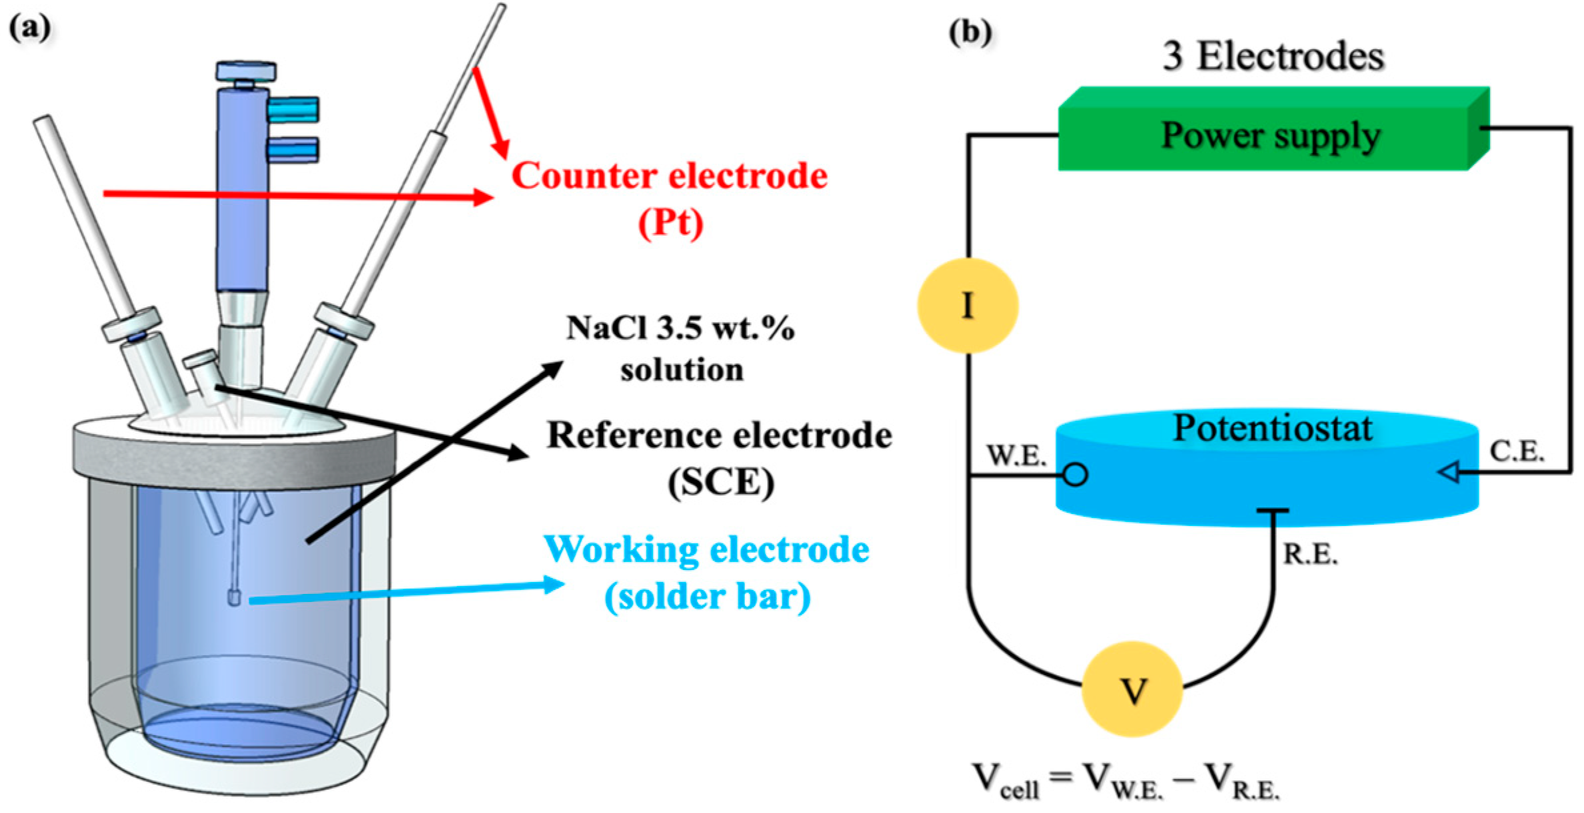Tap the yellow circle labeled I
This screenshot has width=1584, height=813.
tap(968, 305)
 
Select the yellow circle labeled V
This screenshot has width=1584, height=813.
tap(1132, 689)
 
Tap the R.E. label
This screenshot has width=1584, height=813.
tap(1310, 555)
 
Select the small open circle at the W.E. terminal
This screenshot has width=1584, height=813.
tap(1075, 475)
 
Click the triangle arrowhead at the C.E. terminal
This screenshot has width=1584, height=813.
tap(1451, 473)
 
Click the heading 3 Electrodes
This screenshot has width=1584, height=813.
tap(1273, 56)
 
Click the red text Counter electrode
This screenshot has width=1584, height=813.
tap(669, 176)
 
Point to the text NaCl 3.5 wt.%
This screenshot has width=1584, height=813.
tap(680, 328)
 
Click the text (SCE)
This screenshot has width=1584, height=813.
tap(721, 482)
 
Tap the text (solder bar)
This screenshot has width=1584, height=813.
tap(707, 596)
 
